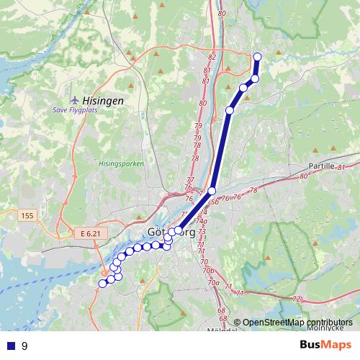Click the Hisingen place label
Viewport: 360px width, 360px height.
tap(104, 102)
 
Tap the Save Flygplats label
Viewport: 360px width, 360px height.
tap(71, 111)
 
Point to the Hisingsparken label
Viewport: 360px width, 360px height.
tap(122, 164)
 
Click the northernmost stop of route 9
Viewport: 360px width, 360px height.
tap(257, 57)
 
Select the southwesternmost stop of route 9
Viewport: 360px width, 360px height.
tap(102, 284)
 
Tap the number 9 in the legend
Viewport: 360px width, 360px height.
tap(24, 346)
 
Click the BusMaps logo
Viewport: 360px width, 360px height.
tap(325, 346)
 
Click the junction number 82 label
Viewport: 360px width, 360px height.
tap(211, 57)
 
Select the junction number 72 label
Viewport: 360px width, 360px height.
tap(297, 299)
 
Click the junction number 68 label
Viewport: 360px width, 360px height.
tap(222, 310)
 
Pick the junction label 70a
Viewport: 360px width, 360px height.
tap(212, 284)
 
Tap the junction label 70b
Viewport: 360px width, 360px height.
tap(209, 271)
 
